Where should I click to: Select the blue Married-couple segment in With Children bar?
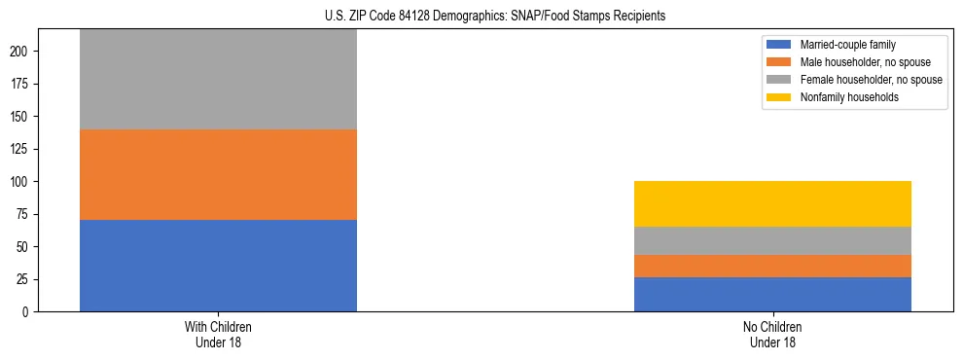pyautogui.click(x=218, y=266)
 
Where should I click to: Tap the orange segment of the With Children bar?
pyautogui.click(x=218, y=175)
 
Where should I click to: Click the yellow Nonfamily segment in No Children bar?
pyautogui.click(x=772, y=203)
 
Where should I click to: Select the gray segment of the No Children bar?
pyautogui.click(x=772, y=240)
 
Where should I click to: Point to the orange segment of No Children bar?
pyautogui.click(x=772, y=266)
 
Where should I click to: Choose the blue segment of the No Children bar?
pyautogui.click(x=772, y=294)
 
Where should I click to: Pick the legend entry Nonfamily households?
pyautogui.click(x=842, y=97)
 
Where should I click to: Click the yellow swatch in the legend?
pyautogui.click(x=779, y=97)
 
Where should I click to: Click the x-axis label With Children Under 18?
pyautogui.click(x=218, y=334)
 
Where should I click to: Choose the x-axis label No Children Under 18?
pyautogui.click(x=772, y=334)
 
